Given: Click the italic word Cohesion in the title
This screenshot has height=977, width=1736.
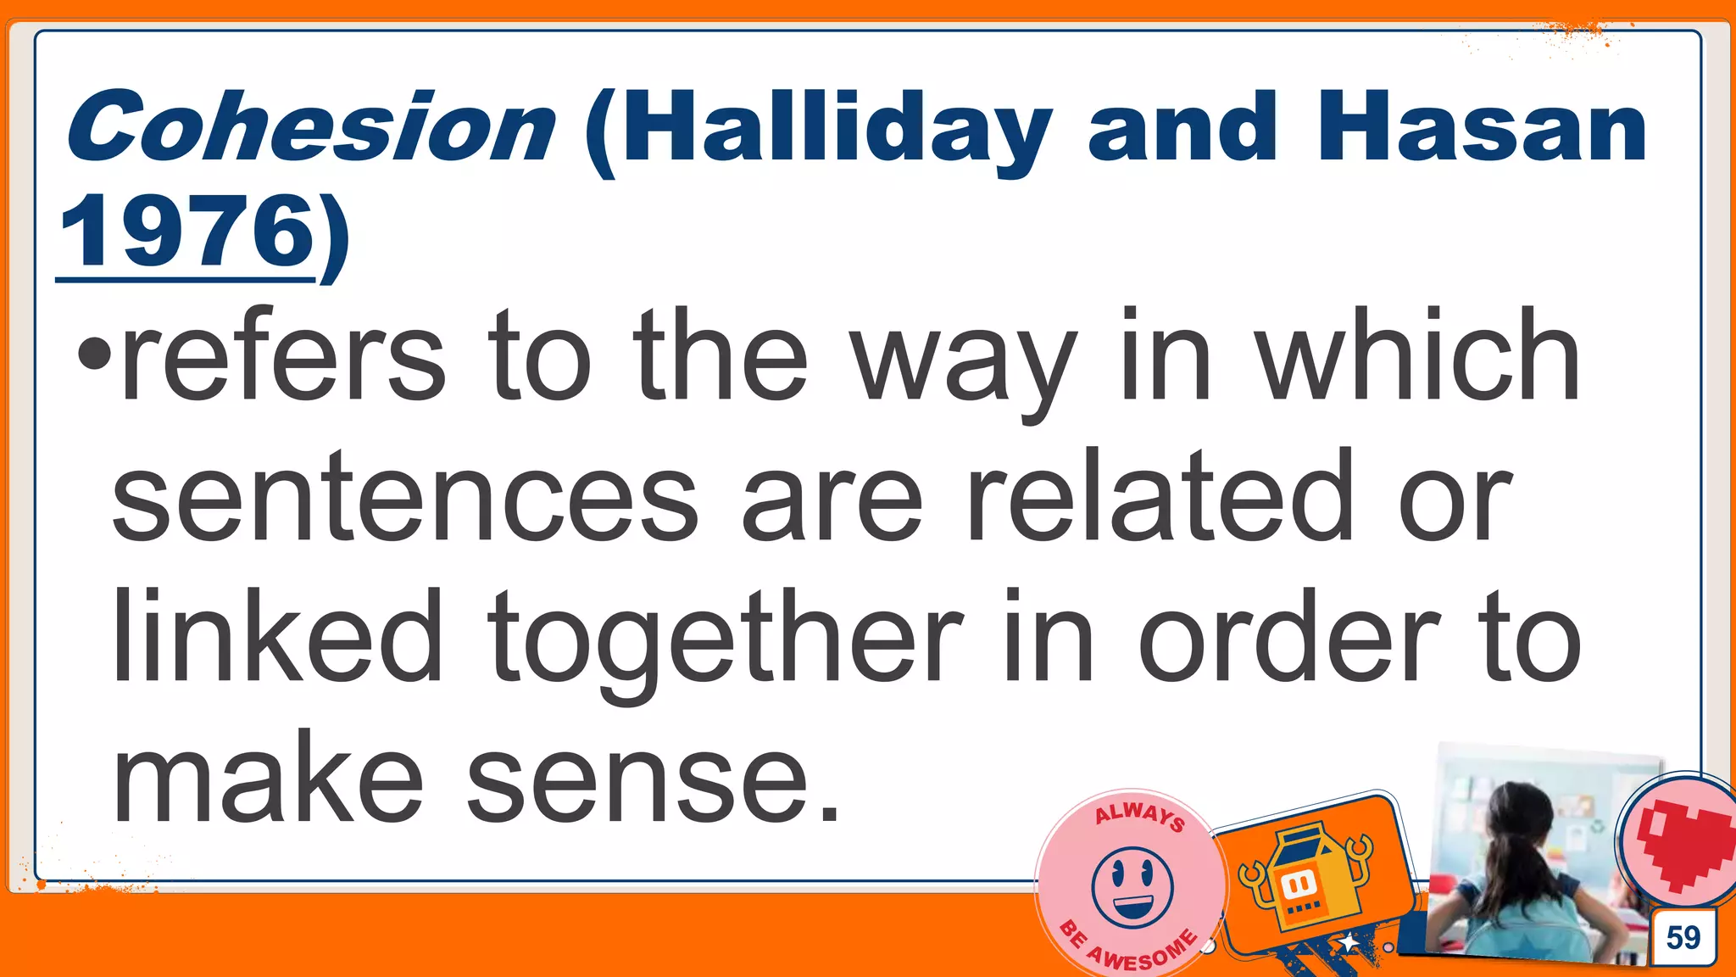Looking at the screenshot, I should [310, 127].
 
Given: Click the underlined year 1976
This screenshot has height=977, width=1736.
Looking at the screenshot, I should [186, 231].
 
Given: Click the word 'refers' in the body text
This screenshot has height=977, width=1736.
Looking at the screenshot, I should [284, 357].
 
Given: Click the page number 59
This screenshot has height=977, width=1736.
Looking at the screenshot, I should [1683, 938].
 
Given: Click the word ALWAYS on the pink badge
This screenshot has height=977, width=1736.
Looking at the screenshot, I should [1139, 816].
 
